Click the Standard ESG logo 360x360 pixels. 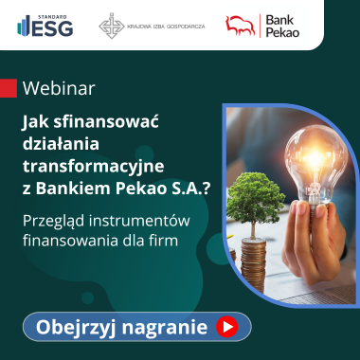(45, 26)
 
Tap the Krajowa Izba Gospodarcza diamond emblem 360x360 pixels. (111, 26)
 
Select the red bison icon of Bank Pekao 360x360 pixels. (240, 26)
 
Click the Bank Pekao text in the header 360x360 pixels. (282, 27)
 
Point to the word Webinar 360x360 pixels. (59, 89)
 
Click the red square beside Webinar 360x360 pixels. (9, 88)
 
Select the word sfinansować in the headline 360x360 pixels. (106, 122)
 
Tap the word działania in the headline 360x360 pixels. (61, 144)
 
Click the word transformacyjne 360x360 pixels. (93, 167)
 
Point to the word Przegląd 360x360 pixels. (54, 222)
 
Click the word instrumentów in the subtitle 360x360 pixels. (139, 221)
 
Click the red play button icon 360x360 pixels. (227, 327)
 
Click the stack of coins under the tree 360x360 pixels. (253, 264)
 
